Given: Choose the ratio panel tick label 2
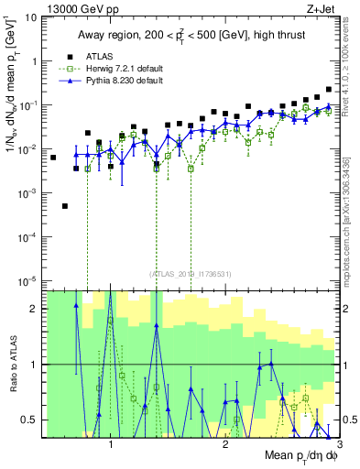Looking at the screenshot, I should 37,309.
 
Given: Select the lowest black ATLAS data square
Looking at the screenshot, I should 65,206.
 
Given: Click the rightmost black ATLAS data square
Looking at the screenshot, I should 329,90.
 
